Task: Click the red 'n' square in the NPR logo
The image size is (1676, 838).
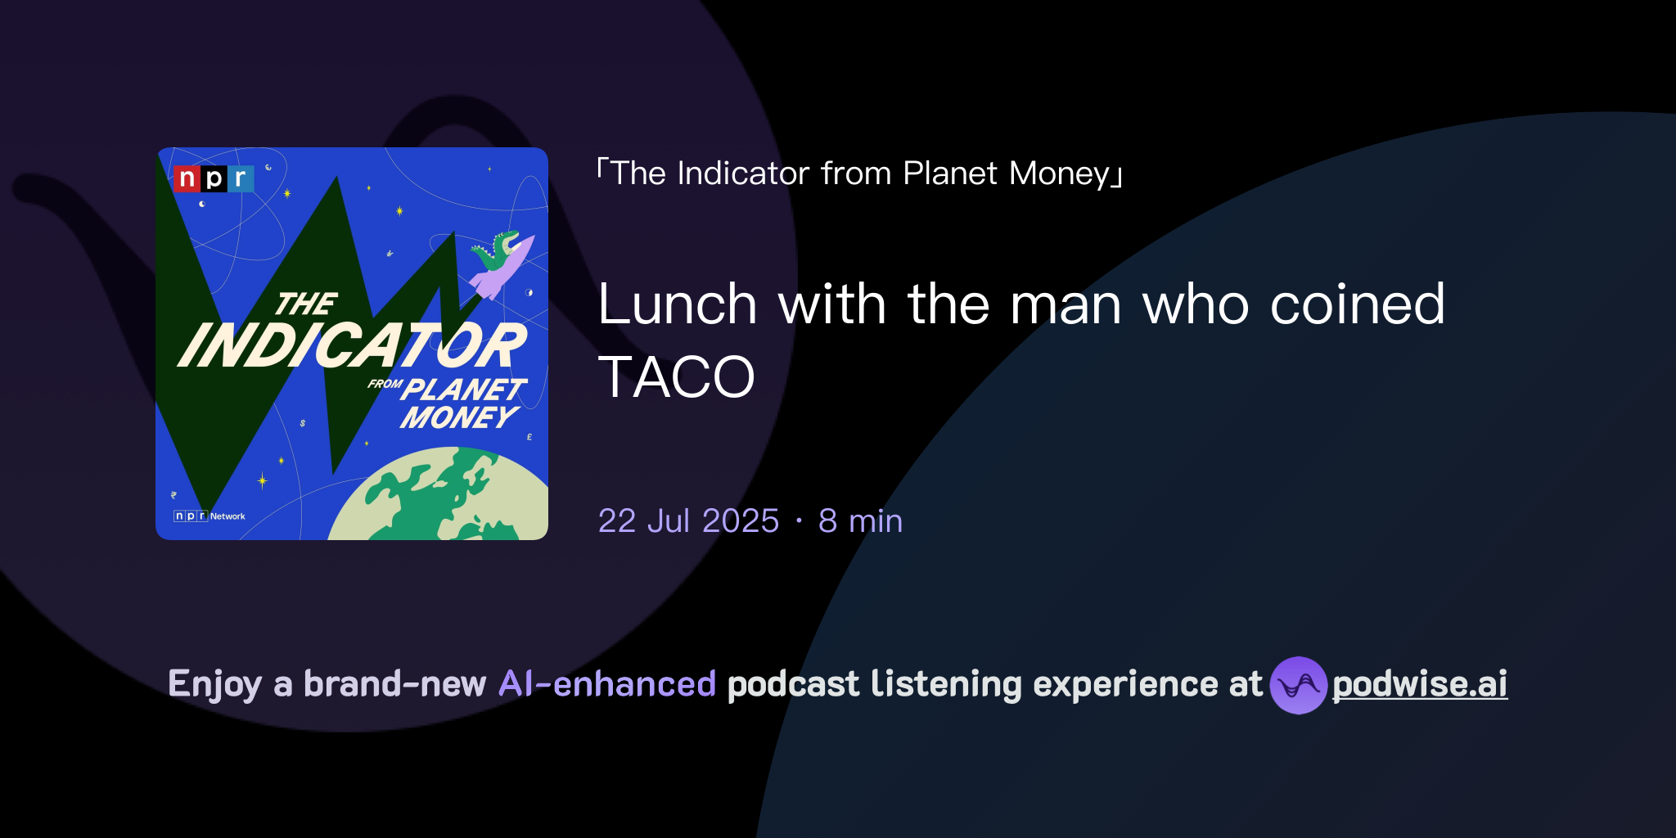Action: pyautogui.click(x=187, y=178)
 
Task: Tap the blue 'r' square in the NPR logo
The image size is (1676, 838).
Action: pyautogui.click(x=241, y=178)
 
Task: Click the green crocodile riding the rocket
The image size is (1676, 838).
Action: pyautogui.click(x=496, y=250)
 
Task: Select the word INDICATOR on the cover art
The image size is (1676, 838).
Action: pyautogui.click(x=352, y=345)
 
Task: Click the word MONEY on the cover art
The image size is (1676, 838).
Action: pyautogui.click(x=458, y=417)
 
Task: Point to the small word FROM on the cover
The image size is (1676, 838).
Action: pyautogui.click(x=385, y=384)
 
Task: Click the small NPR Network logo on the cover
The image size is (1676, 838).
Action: pyautogui.click(x=209, y=516)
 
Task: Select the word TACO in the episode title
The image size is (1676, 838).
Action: pyautogui.click(x=676, y=377)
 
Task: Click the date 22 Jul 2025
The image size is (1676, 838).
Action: pyautogui.click(x=688, y=521)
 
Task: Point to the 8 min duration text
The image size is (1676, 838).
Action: pyautogui.click(x=860, y=521)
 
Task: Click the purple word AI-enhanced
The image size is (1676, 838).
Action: pyautogui.click(x=607, y=684)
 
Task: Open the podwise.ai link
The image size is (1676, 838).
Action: pyautogui.click(x=1419, y=684)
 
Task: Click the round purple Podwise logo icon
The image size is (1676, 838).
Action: pyautogui.click(x=1298, y=685)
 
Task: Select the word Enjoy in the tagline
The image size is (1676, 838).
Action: pyautogui.click(x=215, y=684)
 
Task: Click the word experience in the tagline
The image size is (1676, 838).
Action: pyautogui.click(x=1125, y=684)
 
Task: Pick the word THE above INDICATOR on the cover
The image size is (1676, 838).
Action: pyautogui.click(x=306, y=304)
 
